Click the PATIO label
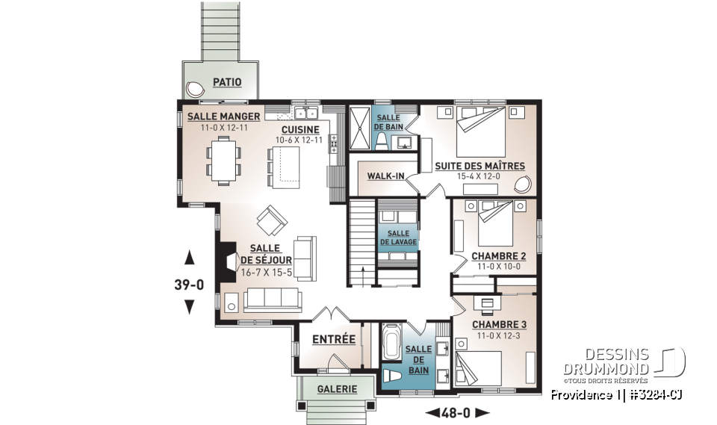pyautogui.click(x=226, y=82)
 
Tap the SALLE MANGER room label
pyautogui.click(x=223, y=117)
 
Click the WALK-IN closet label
pyautogui.click(x=385, y=176)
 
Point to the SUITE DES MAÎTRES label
pyautogui.click(x=480, y=166)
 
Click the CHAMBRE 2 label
pyautogui.click(x=499, y=256)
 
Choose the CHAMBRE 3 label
pyautogui.click(x=500, y=324)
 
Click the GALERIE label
pyautogui.click(x=336, y=389)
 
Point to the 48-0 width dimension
pyautogui.click(x=456, y=412)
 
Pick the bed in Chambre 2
pyautogui.click(x=496, y=222)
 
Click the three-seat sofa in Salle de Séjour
pyautogui.click(x=272, y=300)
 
